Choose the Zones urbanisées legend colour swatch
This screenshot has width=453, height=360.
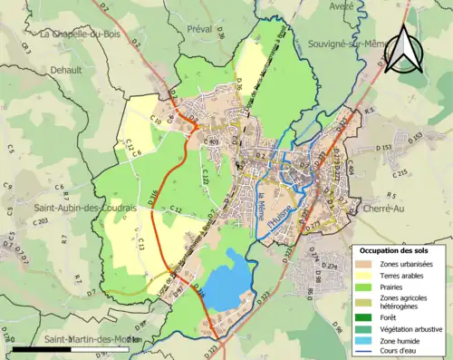pos(367,264)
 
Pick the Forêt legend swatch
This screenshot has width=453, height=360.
pos(367,317)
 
